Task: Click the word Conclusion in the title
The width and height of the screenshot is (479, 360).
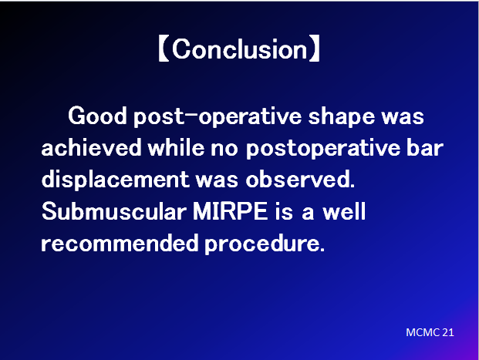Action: point(240,49)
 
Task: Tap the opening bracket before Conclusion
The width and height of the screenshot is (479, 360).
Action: point(164,49)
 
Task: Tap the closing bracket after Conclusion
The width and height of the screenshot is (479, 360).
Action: point(315,49)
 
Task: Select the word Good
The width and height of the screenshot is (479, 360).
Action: point(97,116)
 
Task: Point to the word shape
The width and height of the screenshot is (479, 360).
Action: point(341,117)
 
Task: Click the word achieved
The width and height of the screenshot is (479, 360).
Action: point(91,147)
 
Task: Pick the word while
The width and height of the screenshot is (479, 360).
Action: point(176,147)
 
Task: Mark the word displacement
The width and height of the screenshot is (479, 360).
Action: point(116,180)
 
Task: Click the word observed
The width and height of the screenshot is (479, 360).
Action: point(300,179)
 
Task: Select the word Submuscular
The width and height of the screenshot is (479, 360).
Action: point(114,211)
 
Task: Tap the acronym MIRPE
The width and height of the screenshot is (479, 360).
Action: point(231,211)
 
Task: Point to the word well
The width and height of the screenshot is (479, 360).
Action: point(344,211)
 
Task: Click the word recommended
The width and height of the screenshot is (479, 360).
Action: point(120,244)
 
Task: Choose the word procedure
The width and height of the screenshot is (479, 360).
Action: point(265,244)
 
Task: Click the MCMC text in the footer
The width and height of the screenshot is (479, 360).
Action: point(423,332)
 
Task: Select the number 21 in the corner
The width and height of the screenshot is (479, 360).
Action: point(448,332)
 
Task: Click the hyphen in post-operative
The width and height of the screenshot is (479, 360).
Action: point(191,115)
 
